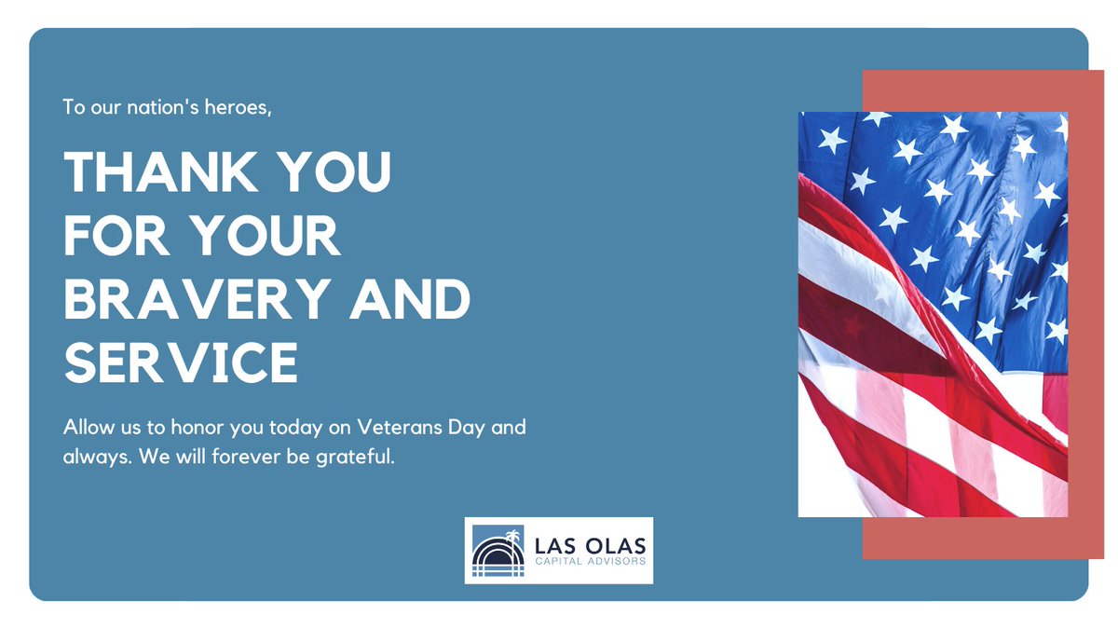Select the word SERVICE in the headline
[181, 363]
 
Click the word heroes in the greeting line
[242, 107]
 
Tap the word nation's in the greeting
[172, 107]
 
